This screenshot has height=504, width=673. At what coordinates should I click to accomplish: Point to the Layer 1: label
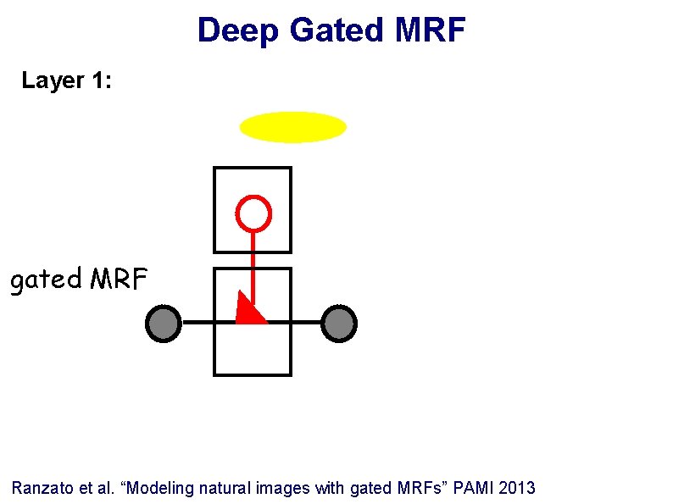[67, 81]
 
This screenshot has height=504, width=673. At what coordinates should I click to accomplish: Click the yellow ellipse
[293, 128]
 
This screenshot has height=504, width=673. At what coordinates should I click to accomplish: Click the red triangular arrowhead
[248, 311]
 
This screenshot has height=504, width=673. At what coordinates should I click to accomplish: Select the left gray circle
[164, 323]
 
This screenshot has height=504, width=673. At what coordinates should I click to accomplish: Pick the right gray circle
[339, 323]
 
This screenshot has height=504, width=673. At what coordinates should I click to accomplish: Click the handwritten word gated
[45, 280]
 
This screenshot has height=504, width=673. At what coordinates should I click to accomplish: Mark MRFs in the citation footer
[417, 488]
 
